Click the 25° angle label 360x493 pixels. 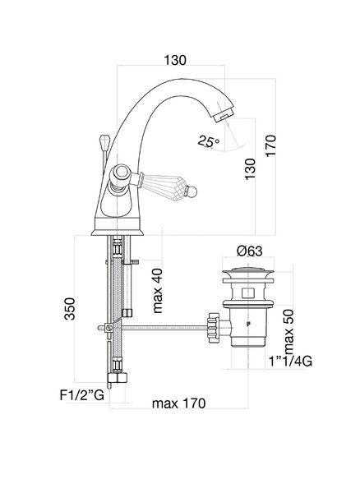pyautogui.click(x=208, y=141)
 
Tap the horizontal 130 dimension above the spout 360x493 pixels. pyautogui.click(x=175, y=60)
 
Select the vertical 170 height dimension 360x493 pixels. pyautogui.click(x=270, y=145)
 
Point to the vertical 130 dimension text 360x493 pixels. pyautogui.click(x=250, y=169)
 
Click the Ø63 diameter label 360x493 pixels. pyautogui.click(x=250, y=251)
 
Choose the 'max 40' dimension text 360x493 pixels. pyautogui.click(x=158, y=291)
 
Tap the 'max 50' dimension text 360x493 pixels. pyautogui.click(x=288, y=332)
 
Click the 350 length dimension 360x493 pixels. pyautogui.click(x=70, y=309)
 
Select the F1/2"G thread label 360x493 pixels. pyautogui.click(x=81, y=395)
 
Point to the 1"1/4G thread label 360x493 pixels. pyautogui.click(x=290, y=362)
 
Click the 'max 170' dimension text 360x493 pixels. pyautogui.click(x=178, y=403)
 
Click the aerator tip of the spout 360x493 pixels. pyautogui.click(x=224, y=115)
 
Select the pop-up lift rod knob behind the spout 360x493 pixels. pyautogui.click(x=104, y=142)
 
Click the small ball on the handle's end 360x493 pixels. pyautogui.click(x=192, y=191)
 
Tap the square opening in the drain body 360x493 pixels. pyautogui.click(x=248, y=293)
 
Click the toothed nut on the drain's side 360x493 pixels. pyautogui.click(x=213, y=328)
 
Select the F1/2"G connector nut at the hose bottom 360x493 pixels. pyautogui.click(x=118, y=377)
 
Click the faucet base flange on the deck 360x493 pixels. pyautogui.click(x=118, y=232)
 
